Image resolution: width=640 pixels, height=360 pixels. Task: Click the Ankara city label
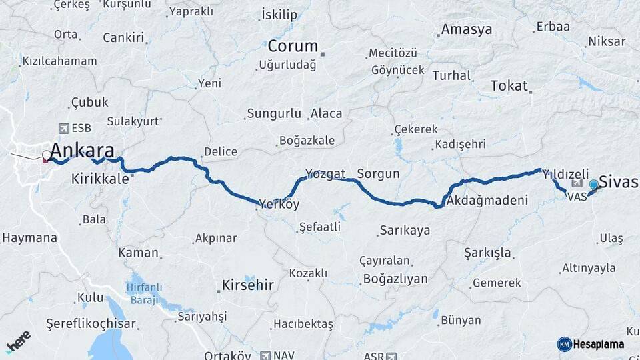pos(82,150)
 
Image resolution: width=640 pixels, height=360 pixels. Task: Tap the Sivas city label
pos(619,181)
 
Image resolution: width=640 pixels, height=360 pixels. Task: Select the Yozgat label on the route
pos(325,174)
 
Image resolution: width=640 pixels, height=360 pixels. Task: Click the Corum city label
pos(293,47)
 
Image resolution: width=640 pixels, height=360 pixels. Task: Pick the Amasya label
pos(467,30)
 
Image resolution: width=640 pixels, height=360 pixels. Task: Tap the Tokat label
pos(509,86)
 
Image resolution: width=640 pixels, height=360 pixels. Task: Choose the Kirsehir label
pos(246,285)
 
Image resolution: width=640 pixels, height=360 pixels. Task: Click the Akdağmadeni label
pos(487,200)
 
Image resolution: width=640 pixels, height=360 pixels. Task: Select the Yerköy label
pos(279,205)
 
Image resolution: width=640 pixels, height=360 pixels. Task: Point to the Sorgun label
pos(378,174)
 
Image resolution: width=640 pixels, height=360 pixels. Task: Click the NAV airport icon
pos(267,355)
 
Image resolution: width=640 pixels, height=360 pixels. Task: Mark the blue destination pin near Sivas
pos(593,185)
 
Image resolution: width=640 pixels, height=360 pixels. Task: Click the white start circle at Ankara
pos(46,156)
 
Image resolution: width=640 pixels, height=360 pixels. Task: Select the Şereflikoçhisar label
pos(91,324)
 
